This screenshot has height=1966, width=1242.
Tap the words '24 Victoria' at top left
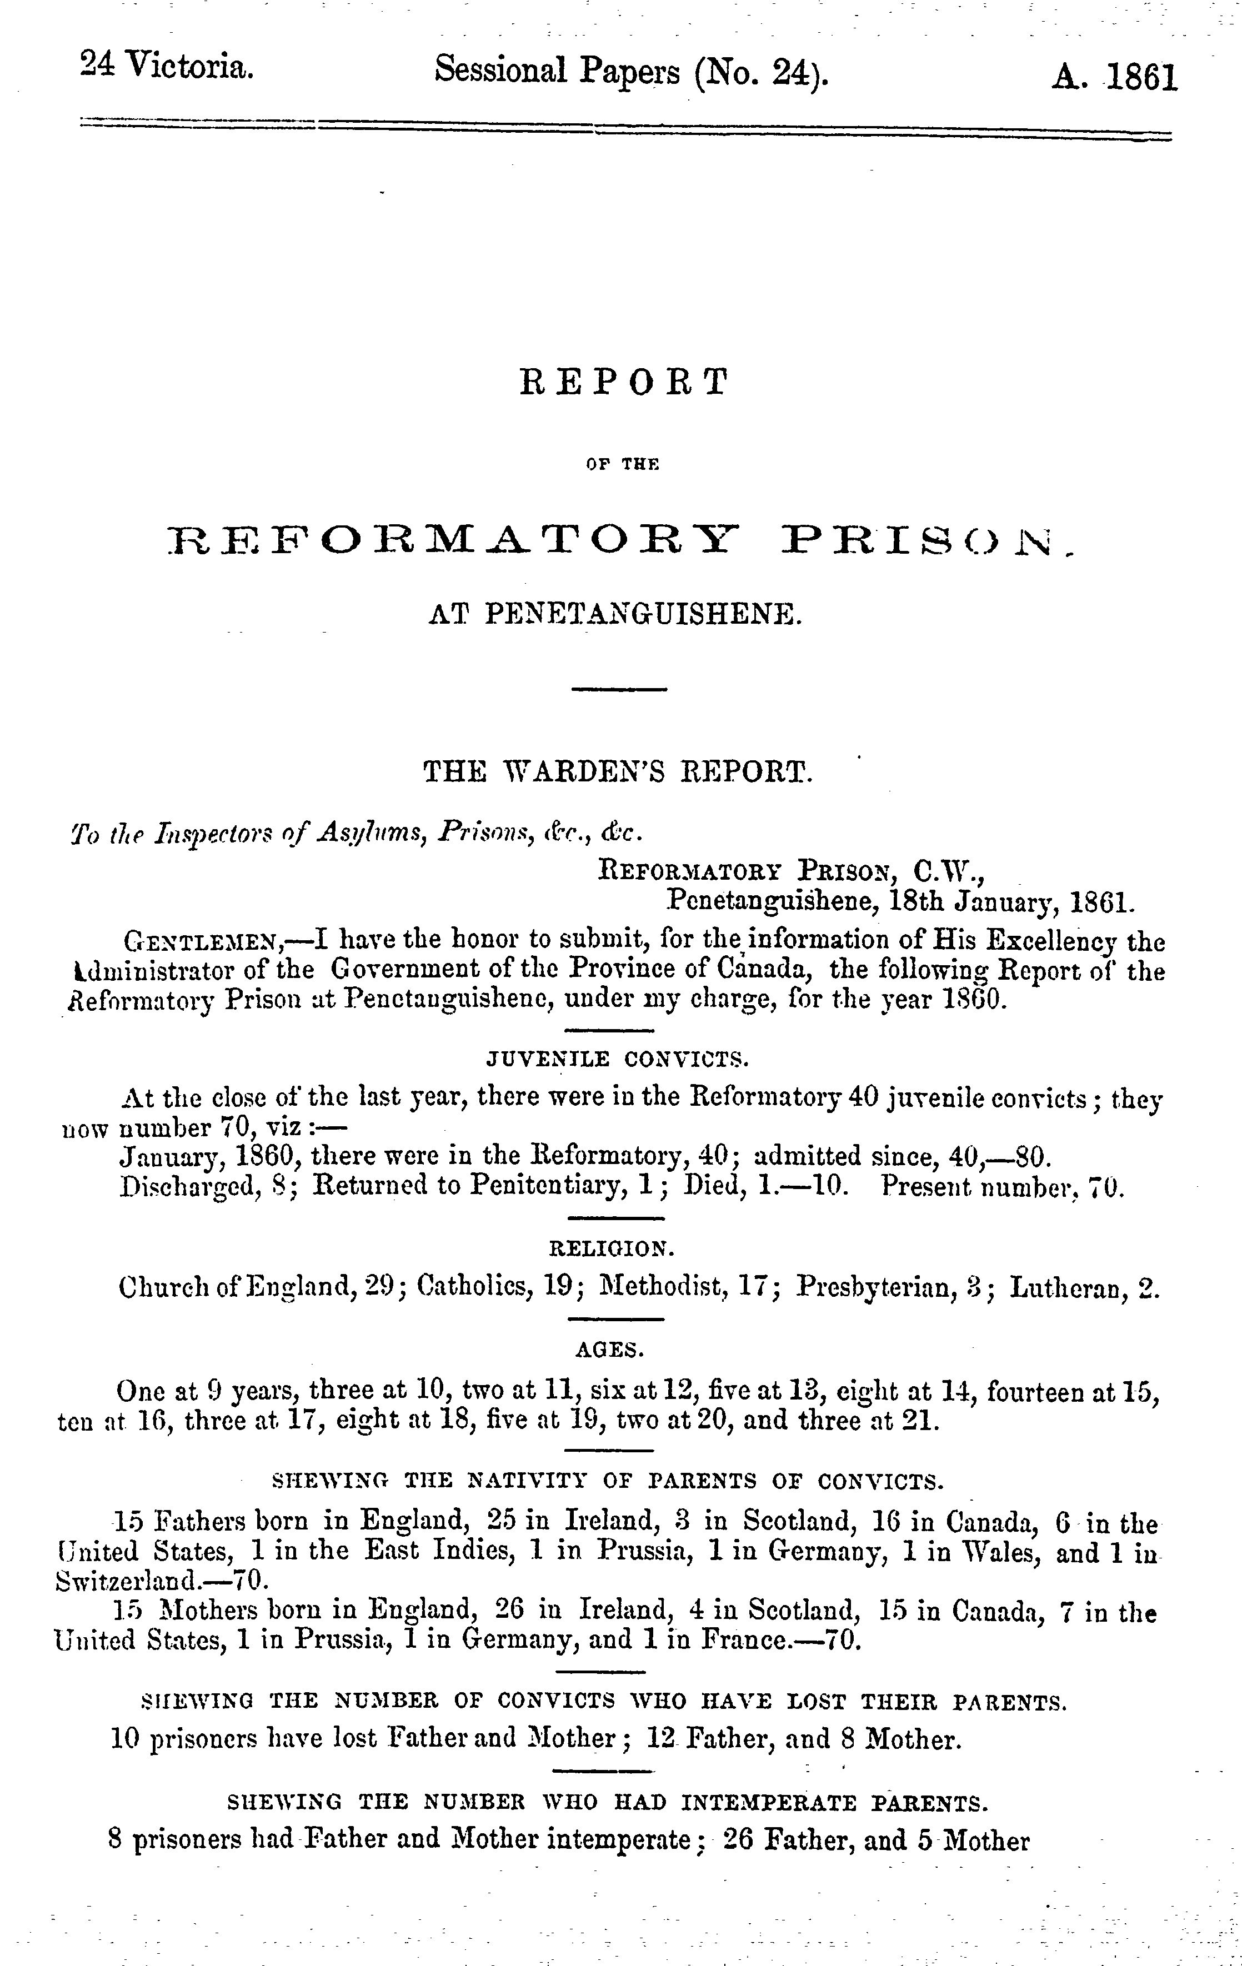(x=167, y=66)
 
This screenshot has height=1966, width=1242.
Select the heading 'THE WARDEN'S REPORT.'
(x=618, y=771)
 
